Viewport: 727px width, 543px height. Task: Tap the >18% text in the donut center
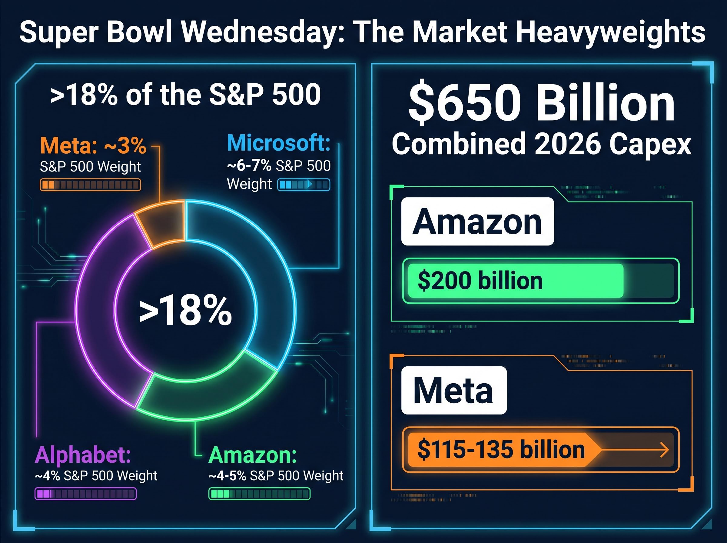coord(186,311)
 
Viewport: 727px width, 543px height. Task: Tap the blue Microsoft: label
coord(279,143)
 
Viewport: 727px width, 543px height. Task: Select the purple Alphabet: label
coord(83,455)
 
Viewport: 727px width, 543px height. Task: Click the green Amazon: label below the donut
coord(253,455)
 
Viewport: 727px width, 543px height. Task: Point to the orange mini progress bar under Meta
coord(90,185)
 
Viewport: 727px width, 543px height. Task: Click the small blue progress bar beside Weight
coord(304,185)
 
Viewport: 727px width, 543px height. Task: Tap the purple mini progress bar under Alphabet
coord(85,494)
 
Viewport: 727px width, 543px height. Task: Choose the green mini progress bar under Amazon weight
coord(259,494)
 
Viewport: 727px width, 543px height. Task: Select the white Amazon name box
coord(477,222)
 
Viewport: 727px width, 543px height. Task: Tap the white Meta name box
coord(454,390)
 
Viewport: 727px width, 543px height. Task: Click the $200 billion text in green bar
coord(480,281)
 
